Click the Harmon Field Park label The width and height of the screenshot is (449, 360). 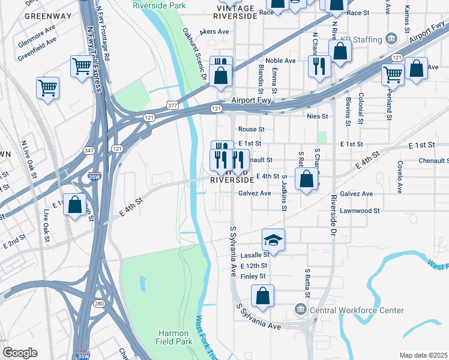(175, 337)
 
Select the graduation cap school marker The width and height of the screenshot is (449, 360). (273, 240)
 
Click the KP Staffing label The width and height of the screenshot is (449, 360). (361, 40)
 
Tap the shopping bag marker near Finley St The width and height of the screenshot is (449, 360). (262, 296)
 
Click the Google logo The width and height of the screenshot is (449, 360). (20, 353)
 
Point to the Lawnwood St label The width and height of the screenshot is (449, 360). (360, 211)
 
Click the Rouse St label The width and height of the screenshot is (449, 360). (251, 129)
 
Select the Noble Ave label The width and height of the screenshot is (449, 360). (281, 61)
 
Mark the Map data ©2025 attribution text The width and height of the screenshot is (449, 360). (423, 355)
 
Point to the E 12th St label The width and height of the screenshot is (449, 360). (253, 265)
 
